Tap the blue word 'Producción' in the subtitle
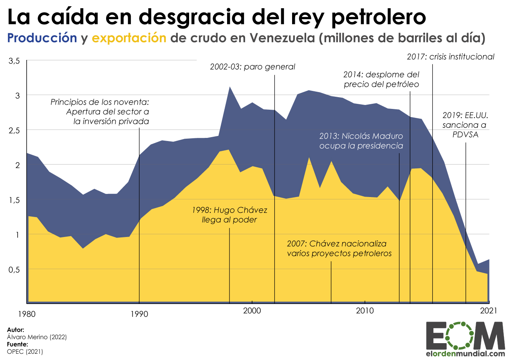click(42, 38)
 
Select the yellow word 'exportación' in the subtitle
click(129, 38)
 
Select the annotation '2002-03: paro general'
click(252, 67)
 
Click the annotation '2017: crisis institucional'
click(450, 57)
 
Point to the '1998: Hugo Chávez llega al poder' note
click(229, 215)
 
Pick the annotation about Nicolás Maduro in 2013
click(361, 141)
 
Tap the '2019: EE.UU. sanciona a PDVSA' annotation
click(464, 125)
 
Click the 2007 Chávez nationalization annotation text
click(339, 248)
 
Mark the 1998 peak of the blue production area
click(229, 87)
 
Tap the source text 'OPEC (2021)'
click(25, 351)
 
